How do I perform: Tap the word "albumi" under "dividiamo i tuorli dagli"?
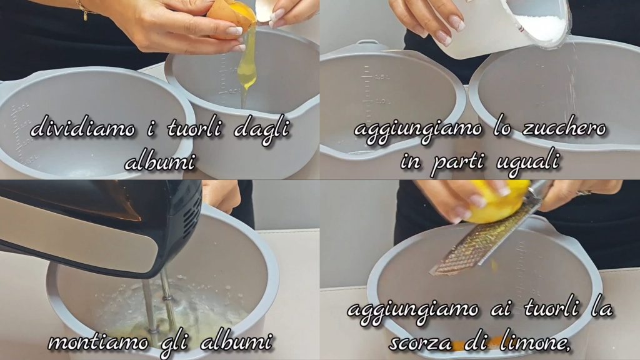pos(159,162)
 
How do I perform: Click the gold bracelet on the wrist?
pos(83,9)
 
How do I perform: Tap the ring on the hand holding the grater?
pos(584,192)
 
